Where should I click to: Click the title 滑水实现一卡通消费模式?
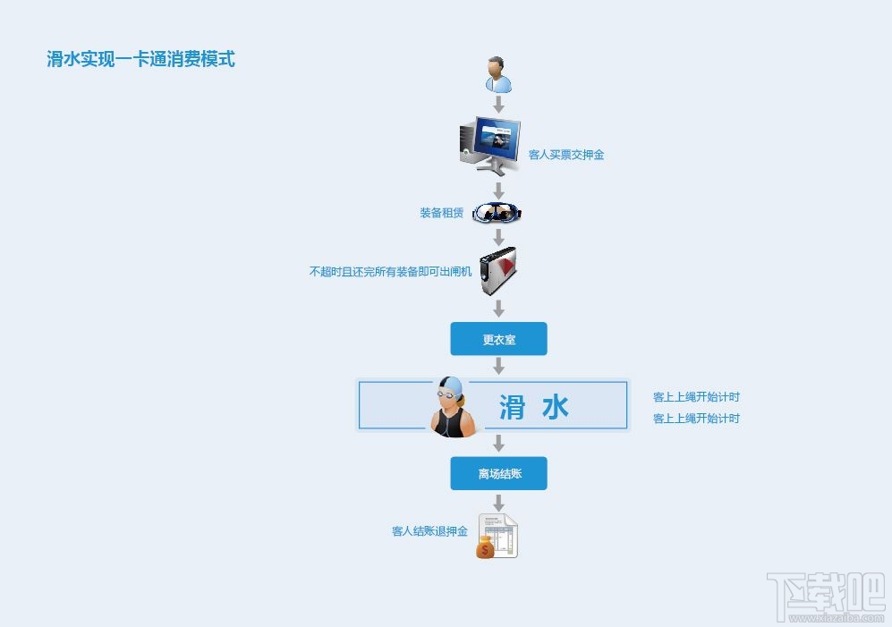click(140, 60)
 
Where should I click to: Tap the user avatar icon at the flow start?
click(498, 74)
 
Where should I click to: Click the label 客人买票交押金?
click(566, 155)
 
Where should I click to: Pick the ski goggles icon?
click(497, 213)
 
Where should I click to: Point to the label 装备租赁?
click(442, 213)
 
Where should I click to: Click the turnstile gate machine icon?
click(498, 271)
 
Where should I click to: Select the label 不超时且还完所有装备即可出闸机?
click(390, 271)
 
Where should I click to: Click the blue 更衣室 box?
click(498, 339)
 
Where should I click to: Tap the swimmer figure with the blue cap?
click(452, 407)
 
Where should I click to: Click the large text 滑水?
click(533, 407)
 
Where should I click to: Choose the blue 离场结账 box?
click(498, 473)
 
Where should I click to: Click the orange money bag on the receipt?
click(486, 547)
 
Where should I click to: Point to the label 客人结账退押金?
click(429, 531)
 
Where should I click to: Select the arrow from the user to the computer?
click(499, 105)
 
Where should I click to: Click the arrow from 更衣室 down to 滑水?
click(499, 366)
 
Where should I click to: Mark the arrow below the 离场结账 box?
click(499, 503)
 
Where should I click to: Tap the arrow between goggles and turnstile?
click(499, 237)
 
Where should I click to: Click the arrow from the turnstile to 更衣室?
click(499, 309)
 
